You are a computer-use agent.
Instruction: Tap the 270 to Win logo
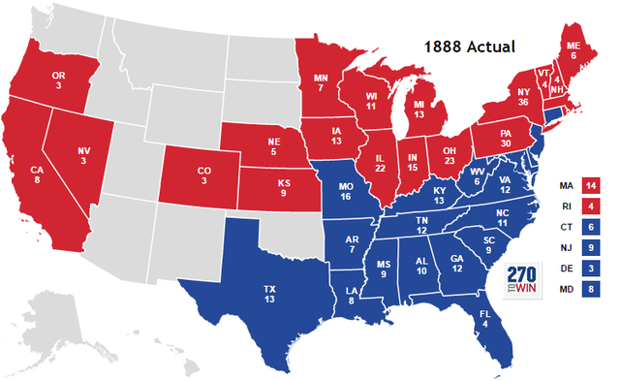524,280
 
